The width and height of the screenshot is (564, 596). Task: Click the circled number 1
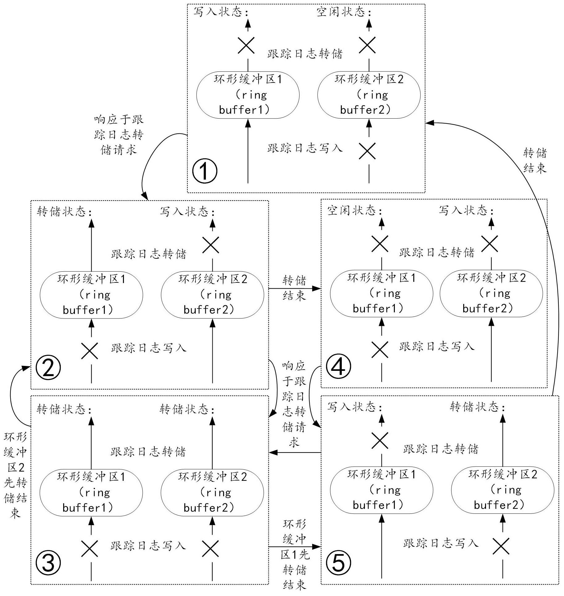point(205,171)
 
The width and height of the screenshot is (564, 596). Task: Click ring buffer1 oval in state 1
point(248,95)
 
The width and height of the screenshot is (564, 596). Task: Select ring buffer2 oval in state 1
point(369,95)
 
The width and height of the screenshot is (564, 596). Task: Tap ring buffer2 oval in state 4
point(491,293)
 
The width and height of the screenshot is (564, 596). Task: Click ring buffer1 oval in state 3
point(91,492)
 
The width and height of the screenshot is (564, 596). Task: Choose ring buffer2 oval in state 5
point(502,490)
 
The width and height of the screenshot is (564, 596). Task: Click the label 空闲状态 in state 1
point(344,12)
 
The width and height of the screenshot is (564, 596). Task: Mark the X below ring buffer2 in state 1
point(367,151)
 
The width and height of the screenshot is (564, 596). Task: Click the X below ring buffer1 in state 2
point(90,351)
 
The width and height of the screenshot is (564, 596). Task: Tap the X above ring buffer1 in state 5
point(380,440)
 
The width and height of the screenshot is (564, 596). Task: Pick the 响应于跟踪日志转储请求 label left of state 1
point(119,135)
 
